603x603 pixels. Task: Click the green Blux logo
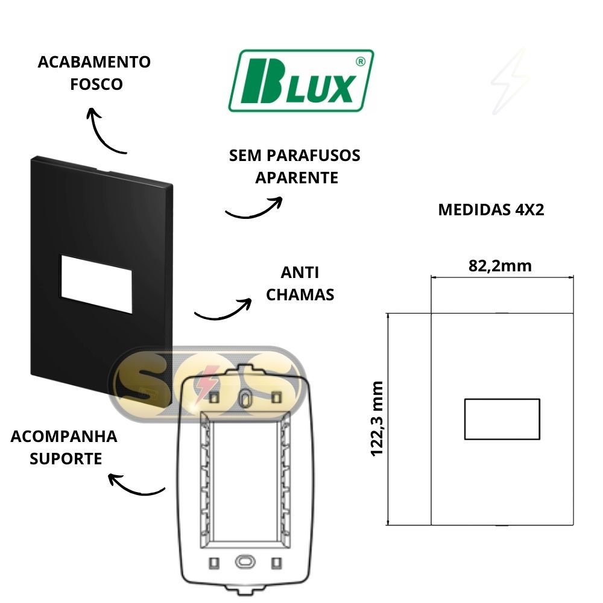(x=301, y=80)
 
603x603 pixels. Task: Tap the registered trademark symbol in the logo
(x=361, y=62)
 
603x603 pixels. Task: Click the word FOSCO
(x=96, y=84)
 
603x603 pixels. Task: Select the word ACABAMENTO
(x=94, y=62)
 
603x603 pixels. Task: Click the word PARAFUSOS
(x=313, y=156)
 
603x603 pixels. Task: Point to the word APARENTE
(x=297, y=178)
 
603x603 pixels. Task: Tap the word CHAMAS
(x=300, y=295)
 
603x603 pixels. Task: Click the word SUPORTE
(x=66, y=458)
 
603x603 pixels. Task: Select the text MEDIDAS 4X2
(x=491, y=210)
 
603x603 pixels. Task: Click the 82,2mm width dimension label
(x=500, y=266)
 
